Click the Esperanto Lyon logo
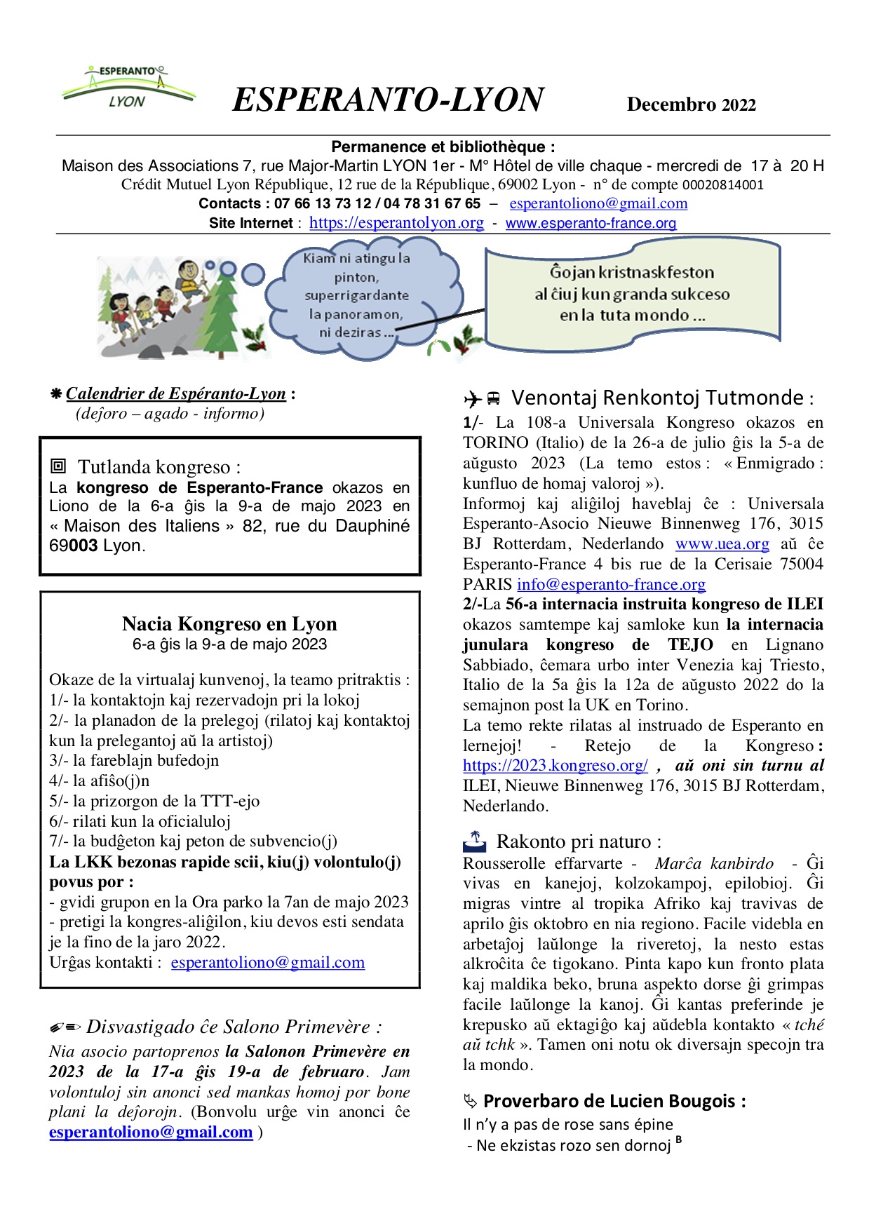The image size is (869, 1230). tap(128, 88)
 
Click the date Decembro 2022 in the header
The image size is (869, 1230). tap(691, 104)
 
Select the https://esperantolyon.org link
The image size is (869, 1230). tap(396, 223)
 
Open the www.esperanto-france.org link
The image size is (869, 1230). tap(591, 223)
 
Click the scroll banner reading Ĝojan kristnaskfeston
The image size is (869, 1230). tap(632, 294)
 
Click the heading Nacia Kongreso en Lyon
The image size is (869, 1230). tap(229, 623)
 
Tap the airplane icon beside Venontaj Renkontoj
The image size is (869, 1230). tap(472, 400)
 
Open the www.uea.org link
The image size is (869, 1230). tap(722, 544)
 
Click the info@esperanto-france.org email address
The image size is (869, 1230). tap(611, 584)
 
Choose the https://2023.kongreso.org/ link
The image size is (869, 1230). tap(555, 766)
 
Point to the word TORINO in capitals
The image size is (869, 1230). tap(496, 443)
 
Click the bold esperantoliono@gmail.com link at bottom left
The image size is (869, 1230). tap(151, 1133)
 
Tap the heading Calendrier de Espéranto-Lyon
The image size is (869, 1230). tap(176, 394)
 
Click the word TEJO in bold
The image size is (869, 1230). tap(690, 645)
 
